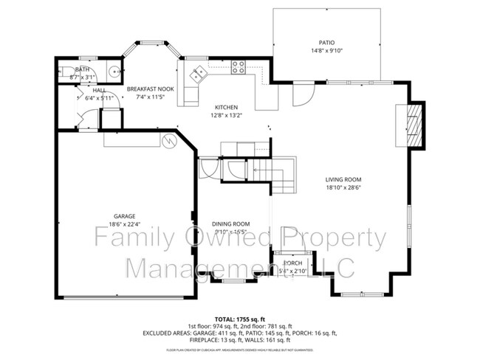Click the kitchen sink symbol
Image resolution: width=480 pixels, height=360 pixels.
tap(198, 74)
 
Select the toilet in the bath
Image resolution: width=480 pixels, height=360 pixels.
tap(66, 72)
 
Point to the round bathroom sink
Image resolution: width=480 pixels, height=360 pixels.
tap(114, 72)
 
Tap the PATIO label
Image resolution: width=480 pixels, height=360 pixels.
tap(326, 43)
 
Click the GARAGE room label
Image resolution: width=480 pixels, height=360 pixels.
tap(103, 216)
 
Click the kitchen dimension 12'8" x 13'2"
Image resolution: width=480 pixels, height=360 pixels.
tap(227, 115)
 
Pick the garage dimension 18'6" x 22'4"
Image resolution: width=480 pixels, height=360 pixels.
tap(103, 224)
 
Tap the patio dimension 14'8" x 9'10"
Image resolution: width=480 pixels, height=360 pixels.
tap(326, 51)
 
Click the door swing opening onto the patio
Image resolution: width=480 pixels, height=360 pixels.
tap(303, 94)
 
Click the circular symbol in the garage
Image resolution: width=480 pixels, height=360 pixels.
tap(168, 140)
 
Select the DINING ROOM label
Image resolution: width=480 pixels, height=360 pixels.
tap(230, 224)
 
